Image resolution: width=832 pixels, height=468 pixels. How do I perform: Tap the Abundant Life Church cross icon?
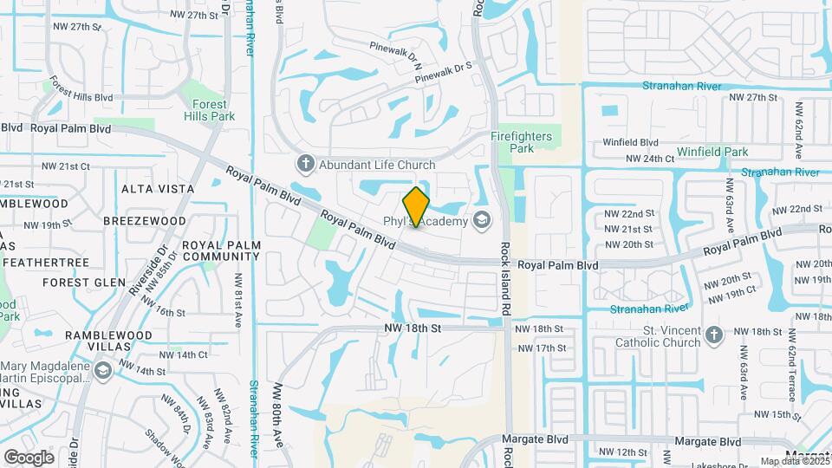pos(304,164)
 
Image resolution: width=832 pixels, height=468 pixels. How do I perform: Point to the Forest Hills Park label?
pos(209,110)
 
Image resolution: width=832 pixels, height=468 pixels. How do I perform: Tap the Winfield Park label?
pos(712,152)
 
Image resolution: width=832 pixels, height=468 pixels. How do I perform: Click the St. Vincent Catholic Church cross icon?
pos(713,336)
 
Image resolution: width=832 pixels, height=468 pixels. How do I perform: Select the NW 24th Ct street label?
pos(650,159)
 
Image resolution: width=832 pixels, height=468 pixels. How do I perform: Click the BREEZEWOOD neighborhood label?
pos(145,221)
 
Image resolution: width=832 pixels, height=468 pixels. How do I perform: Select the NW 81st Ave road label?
pos(237,299)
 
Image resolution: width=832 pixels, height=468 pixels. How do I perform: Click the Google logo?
pos(29,457)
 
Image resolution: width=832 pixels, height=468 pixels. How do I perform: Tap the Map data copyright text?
pos(794,462)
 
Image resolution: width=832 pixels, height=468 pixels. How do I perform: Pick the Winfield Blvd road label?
pos(632,142)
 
